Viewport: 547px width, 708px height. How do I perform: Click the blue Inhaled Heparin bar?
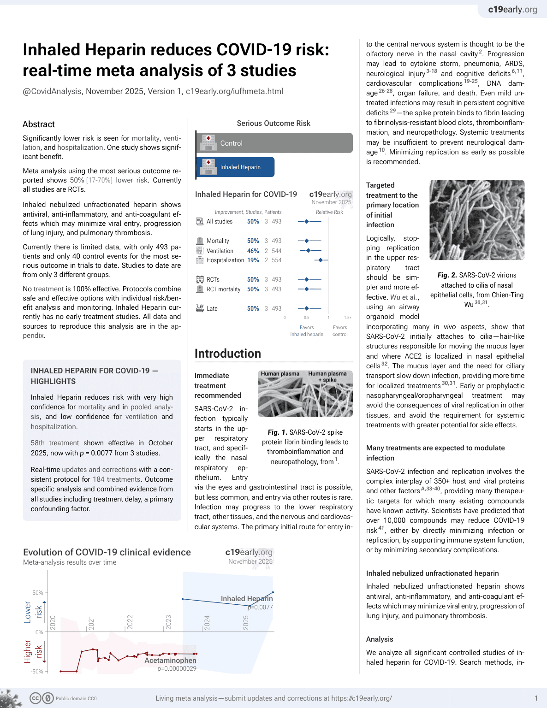pos(235,167)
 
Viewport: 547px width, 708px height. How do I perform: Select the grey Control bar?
pos(274,143)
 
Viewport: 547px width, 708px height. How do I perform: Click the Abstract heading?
pos(39,124)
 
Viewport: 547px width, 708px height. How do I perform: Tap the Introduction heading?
pos(228,354)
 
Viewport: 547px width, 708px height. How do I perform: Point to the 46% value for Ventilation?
pos(253,251)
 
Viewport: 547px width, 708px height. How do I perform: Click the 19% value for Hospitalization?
pos(253,260)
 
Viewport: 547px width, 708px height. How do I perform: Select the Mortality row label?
pos(218,241)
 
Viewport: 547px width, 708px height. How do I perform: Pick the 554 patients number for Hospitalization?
pos(276,260)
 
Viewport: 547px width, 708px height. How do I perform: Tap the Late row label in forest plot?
pos(212,308)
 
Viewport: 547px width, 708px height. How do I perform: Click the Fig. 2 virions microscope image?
pos(477,220)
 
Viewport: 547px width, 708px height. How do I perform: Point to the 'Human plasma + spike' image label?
pos(327,377)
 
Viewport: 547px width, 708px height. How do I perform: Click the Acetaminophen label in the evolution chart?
pos(170,660)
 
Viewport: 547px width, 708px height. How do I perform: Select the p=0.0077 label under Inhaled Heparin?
pos(261,607)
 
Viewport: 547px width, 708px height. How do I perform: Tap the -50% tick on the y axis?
pos(37,671)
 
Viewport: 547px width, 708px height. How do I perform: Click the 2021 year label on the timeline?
pos(91,622)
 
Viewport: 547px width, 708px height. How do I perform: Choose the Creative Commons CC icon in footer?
pos(36,698)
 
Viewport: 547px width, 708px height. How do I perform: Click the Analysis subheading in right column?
pos(380,639)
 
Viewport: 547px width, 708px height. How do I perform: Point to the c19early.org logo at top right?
pos(512,9)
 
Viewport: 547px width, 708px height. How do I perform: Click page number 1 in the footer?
pos(536,698)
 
